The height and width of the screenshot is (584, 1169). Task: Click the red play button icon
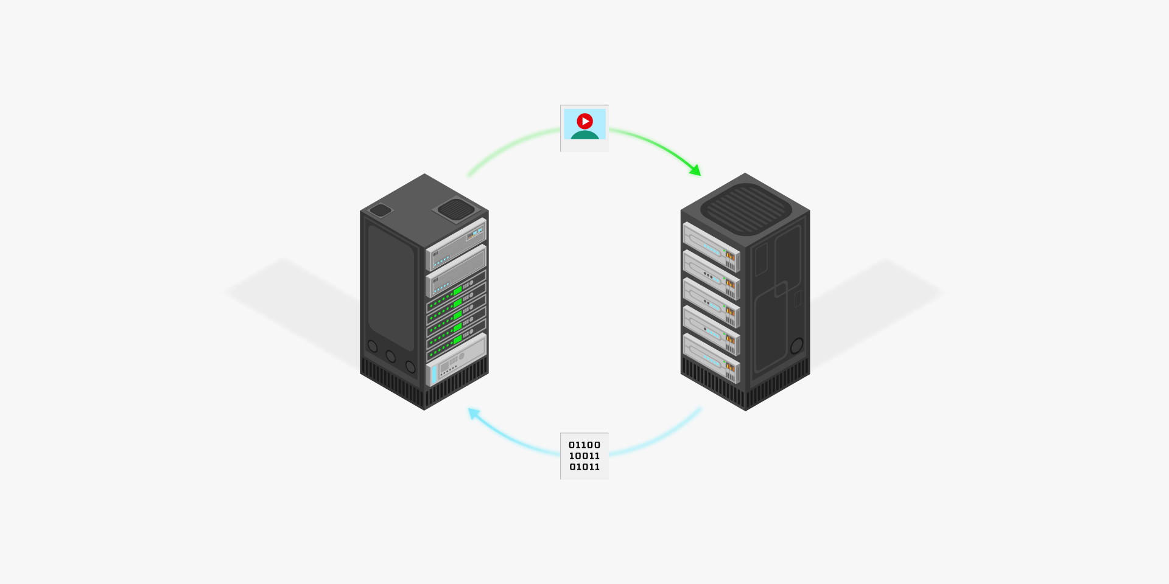point(584,121)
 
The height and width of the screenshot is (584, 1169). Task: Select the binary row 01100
point(584,445)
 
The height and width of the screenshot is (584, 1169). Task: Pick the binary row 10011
point(584,456)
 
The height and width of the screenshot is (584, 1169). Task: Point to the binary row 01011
point(584,467)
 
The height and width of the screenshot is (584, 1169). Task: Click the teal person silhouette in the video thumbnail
point(584,134)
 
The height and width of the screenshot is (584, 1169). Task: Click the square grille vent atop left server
point(456,209)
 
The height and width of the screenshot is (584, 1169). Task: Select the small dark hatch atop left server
point(381,210)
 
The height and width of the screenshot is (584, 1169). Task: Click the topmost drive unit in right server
point(711,246)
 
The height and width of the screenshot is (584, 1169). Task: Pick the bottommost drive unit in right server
point(711,358)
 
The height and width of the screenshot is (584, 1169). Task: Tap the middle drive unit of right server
point(711,302)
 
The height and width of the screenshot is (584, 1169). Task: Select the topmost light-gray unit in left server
point(456,244)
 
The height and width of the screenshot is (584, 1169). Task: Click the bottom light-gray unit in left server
point(457,360)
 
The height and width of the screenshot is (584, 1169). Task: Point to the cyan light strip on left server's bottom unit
point(434,375)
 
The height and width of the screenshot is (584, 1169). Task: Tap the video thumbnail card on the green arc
point(584,128)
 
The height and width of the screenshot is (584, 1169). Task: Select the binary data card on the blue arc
point(584,456)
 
